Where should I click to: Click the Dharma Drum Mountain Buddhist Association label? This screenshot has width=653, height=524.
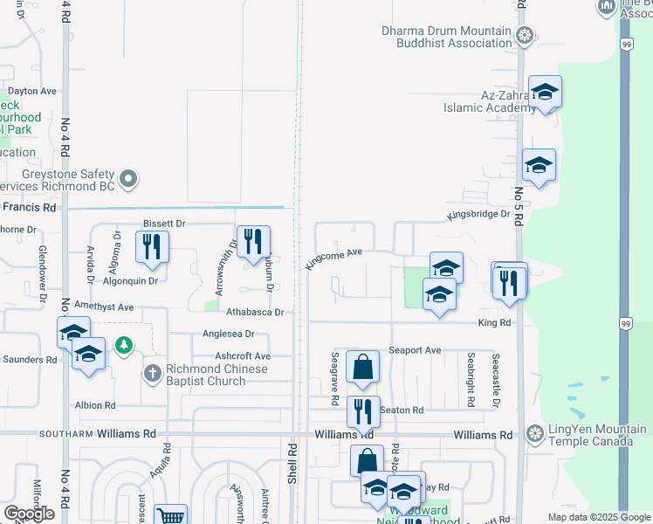click(x=445, y=37)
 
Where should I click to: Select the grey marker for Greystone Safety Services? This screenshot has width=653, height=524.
click(x=129, y=180)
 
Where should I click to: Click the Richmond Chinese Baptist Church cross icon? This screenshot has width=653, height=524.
click(x=152, y=374)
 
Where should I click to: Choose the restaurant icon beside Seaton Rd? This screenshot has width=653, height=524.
click(x=363, y=410)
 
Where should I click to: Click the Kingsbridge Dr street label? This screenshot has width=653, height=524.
click(x=478, y=214)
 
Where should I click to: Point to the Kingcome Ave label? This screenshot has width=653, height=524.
click(x=333, y=258)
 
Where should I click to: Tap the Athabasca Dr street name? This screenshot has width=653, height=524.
click(x=255, y=312)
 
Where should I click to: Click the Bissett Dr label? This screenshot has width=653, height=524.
click(x=165, y=224)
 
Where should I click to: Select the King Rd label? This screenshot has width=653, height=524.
click(x=493, y=322)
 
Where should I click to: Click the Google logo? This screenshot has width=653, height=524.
click(x=29, y=514)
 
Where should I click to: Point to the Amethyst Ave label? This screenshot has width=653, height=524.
click(x=104, y=307)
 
